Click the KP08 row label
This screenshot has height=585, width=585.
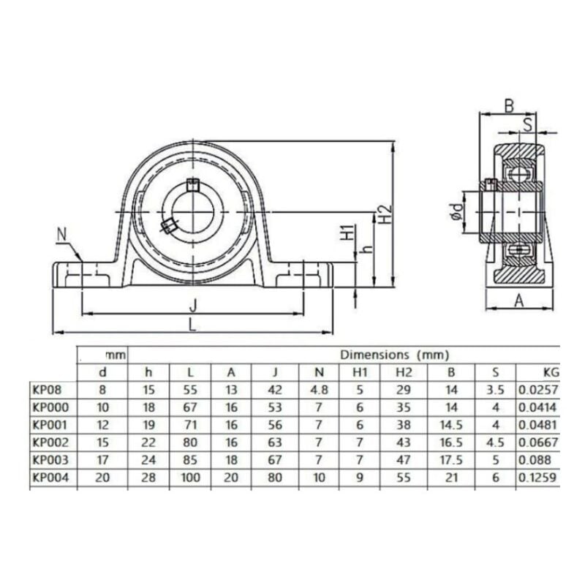[x=45, y=390]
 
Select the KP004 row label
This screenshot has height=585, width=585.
[x=48, y=478]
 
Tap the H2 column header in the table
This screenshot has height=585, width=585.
[x=404, y=372]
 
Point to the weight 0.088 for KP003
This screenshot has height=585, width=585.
[x=532, y=460]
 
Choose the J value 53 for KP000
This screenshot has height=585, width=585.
[x=274, y=407]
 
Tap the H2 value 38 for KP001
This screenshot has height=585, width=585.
[x=404, y=425]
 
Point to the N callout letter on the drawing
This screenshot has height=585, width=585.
[x=61, y=235]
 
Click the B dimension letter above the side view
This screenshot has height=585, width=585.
[x=510, y=106]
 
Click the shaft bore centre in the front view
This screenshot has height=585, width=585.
[x=192, y=212]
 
